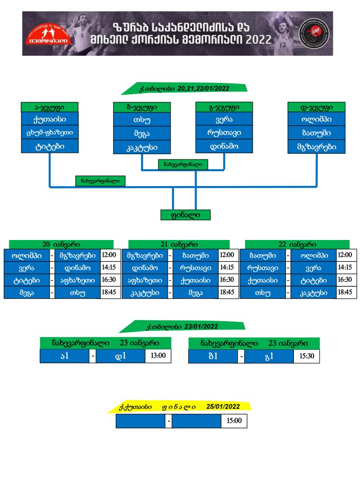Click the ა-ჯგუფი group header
coord(49,107)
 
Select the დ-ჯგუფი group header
coord(316,107)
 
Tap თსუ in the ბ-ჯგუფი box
coord(142,120)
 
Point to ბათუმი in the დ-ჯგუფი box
coord(316,133)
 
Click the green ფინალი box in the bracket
coord(185,215)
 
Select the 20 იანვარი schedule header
coord(61,245)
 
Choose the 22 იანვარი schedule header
coord(297,245)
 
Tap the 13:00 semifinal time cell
coord(158,356)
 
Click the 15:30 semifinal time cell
coord(307,356)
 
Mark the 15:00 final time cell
coord(234,421)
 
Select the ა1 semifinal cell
coord(65,356)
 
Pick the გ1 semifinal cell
coord(269,356)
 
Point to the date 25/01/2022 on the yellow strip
coord(223,406)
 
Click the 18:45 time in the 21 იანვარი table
coord(226,292)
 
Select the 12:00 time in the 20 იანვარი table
coord(108,255)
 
